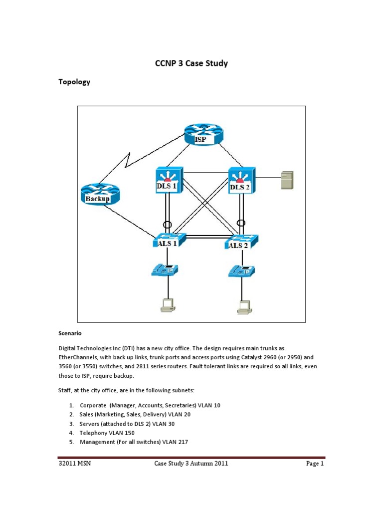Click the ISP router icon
point(203,134)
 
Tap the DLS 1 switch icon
point(169,181)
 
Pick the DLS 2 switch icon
point(241,181)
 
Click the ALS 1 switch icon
point(169,241)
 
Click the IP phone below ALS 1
point(165,270)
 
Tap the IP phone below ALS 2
point(241,271)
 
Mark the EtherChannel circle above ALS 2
point(241,223)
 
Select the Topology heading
point(74,82)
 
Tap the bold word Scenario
point(70,332)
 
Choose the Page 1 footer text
point(315,464)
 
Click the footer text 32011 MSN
point(74,464)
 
